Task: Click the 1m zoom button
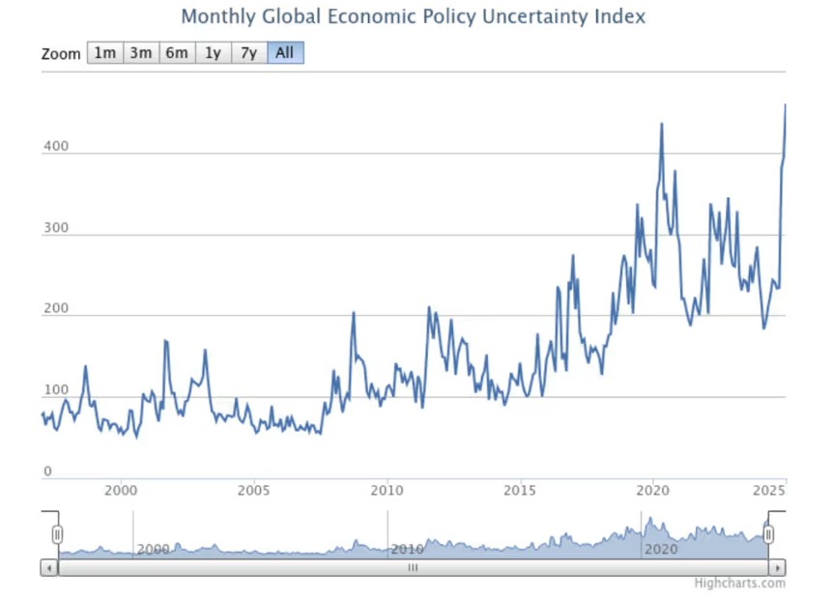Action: pos(104,53)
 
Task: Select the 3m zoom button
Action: pos(141,53)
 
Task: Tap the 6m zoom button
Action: pos(177,53)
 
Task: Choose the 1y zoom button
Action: pos(213,53)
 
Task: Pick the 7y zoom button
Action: pos(248,53)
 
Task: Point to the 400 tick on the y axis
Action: pos(54,147)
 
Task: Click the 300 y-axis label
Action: pos(54,227)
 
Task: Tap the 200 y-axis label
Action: pos(54,308)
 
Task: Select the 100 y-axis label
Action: pos(54,390)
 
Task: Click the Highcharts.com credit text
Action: pos(739,583)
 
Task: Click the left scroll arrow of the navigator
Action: pos(48,568)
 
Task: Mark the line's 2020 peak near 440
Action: pos(662,124)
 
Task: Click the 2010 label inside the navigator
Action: pos(407,550)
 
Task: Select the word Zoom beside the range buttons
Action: pos(61,54)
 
